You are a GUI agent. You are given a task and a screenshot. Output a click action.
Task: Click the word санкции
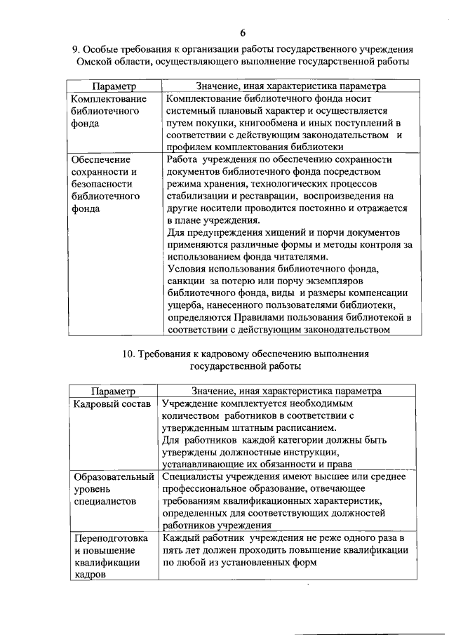pyautogui.click(x=185, y=281)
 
